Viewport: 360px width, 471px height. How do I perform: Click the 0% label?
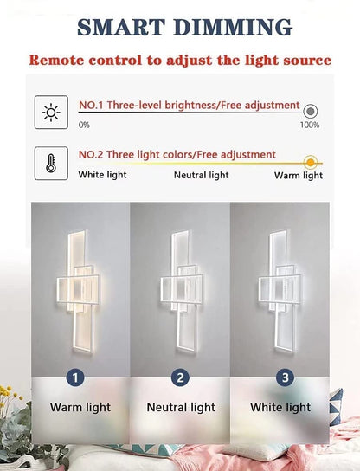(84, 126)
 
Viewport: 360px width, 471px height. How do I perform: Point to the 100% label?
(310, 126)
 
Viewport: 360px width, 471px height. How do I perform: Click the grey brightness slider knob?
(310, 111)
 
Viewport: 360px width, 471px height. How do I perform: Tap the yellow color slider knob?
(310, 161)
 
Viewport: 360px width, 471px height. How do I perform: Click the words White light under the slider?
(102, 175)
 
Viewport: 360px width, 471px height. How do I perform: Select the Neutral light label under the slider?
(201, 175)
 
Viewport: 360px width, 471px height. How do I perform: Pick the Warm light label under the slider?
(299, 175)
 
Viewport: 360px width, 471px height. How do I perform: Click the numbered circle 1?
(77, 377)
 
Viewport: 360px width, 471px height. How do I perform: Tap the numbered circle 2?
(180, 377)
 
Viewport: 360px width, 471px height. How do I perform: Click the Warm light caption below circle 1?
(80, 407)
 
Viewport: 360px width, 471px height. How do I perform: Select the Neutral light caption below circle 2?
(181, 407)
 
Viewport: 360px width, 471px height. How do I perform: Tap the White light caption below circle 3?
(280, 407)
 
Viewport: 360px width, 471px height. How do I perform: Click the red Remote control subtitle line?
(180, 60)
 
